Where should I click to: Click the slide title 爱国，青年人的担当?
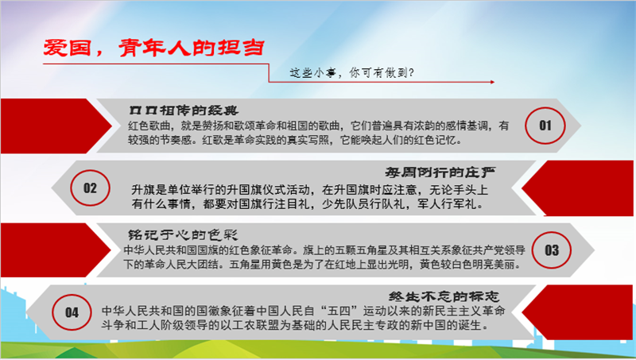pos(154,48)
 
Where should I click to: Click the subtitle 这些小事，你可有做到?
pos(351,73)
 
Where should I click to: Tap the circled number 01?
pos(545,126)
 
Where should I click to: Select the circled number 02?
pos(90,188)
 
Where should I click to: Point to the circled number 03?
pos(552,250)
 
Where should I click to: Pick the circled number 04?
pos(72,312)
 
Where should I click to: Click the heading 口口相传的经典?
pos(184,110)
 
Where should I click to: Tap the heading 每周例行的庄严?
pos(440,172)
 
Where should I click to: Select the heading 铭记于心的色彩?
pos(183,234)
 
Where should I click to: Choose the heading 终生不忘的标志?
pos(444,296)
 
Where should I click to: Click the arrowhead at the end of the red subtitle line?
pos(492,82)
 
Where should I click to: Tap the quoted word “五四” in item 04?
pos(340,311)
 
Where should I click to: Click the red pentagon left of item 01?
pos(56,126)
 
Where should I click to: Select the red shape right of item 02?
pos(578,188)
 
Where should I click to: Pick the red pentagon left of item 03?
pos(56,250)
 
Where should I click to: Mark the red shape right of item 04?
pos(578,312)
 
